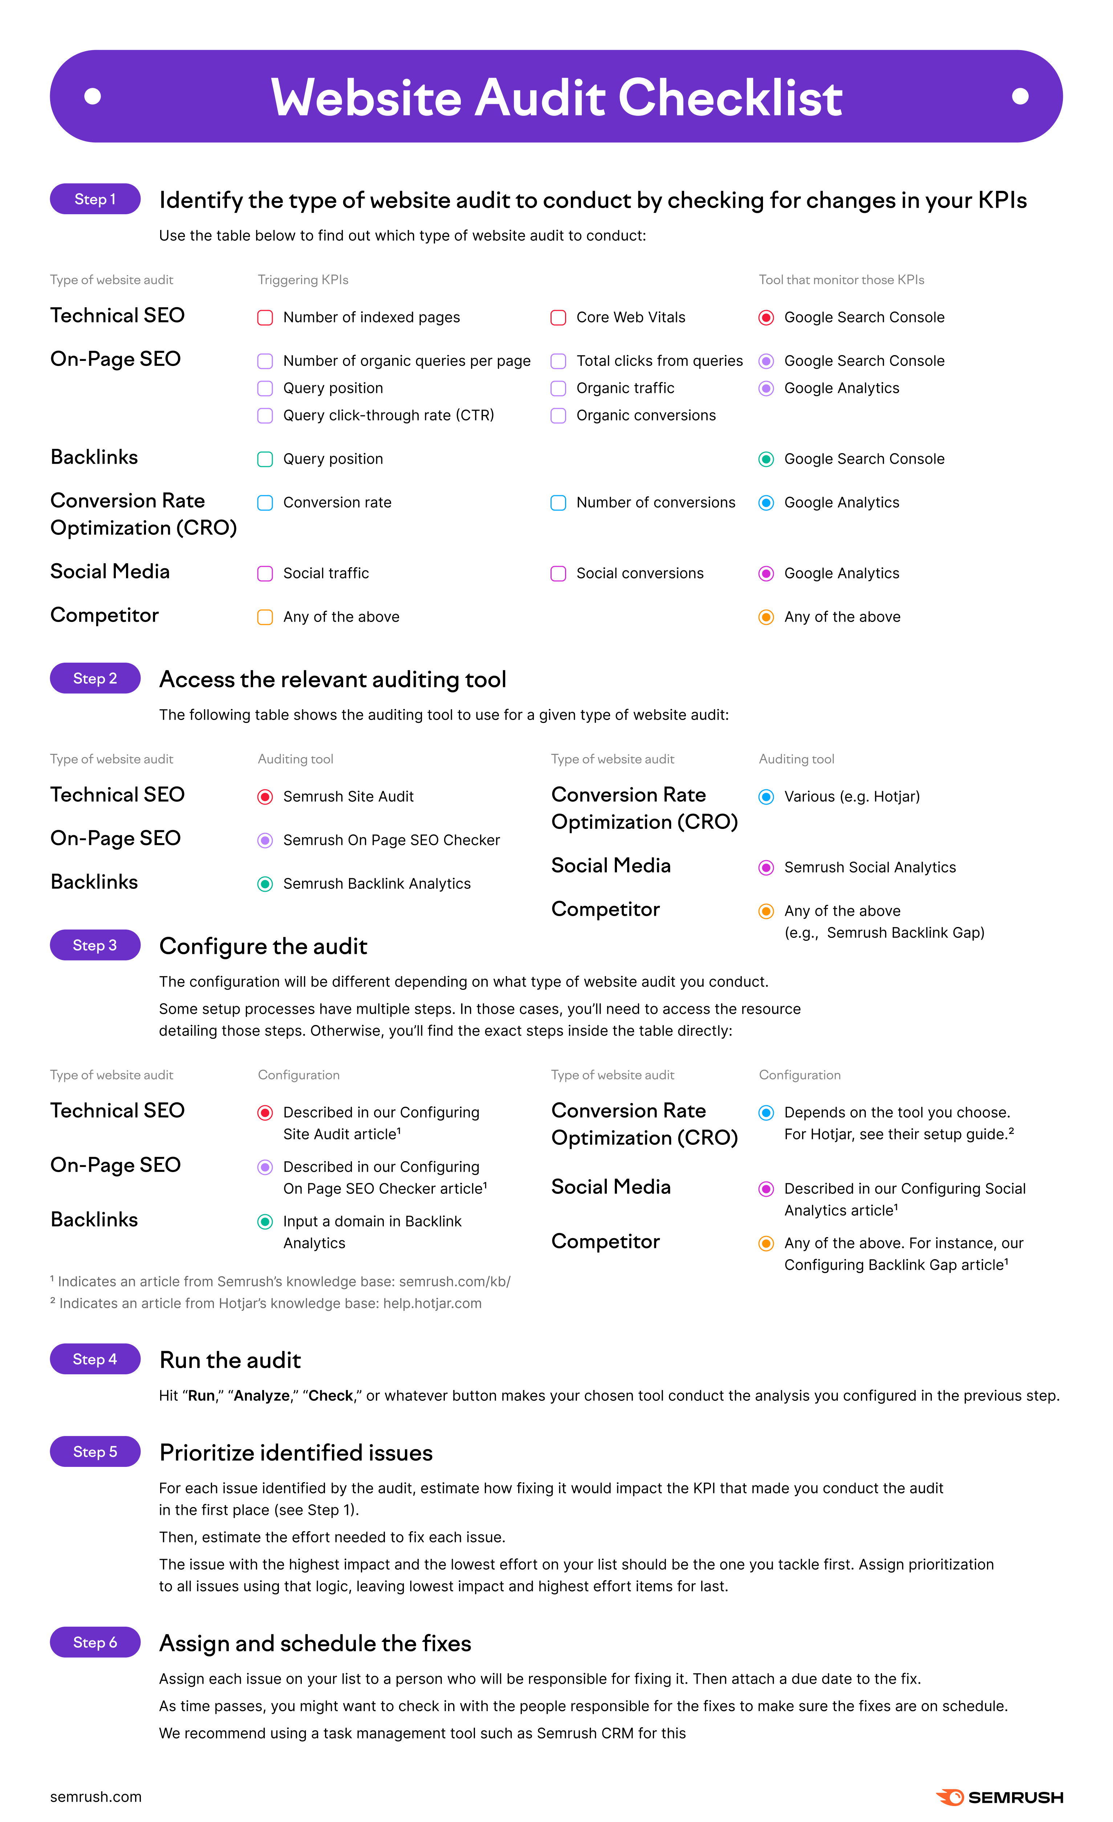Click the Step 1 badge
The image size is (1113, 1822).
95,199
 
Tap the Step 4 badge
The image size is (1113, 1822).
95,1359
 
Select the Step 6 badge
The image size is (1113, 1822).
95,1642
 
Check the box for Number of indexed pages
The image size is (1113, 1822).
265,318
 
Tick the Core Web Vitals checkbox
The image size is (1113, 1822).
558,318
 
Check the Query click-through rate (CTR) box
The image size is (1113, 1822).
265,416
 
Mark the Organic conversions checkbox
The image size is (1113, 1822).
558,416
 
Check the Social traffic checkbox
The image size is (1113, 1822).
265,574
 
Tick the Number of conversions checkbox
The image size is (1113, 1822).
558,503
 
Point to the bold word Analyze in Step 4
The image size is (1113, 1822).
261,1396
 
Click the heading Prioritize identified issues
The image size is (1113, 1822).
296,1453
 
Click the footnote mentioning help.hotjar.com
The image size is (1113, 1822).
266,1304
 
